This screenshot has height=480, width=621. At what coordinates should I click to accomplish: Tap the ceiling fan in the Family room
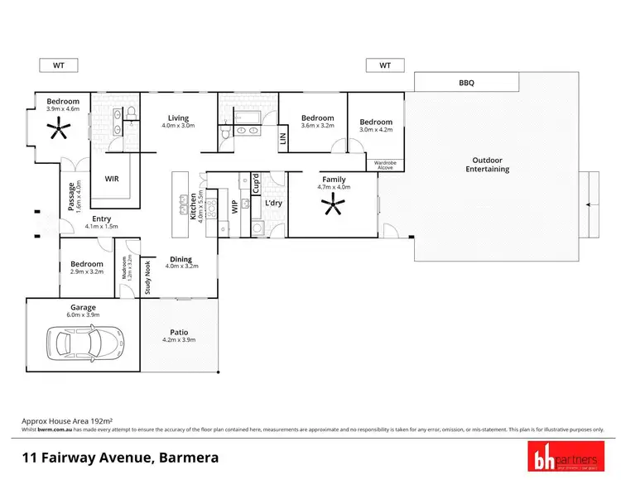click(x=335, y=207)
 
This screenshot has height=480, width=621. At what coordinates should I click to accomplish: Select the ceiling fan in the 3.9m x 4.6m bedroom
click(x=59, y=128)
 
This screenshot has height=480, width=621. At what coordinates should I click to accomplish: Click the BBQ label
click(x=467, y=83)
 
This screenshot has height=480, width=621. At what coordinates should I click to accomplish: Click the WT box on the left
click(x=57, y=65)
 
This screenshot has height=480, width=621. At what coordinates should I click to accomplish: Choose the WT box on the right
click(x=385, y=65)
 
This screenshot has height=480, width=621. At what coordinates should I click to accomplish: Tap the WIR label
click(x=111, y=179)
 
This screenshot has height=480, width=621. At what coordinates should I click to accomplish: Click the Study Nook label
click(x=148, y=277)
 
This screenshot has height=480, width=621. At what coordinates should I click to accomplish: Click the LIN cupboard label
click(x=282, y=140)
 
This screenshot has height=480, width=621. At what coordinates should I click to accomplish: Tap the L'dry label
click(x=274, y=203)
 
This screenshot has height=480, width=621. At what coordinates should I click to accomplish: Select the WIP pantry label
click(x=234, y=206)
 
